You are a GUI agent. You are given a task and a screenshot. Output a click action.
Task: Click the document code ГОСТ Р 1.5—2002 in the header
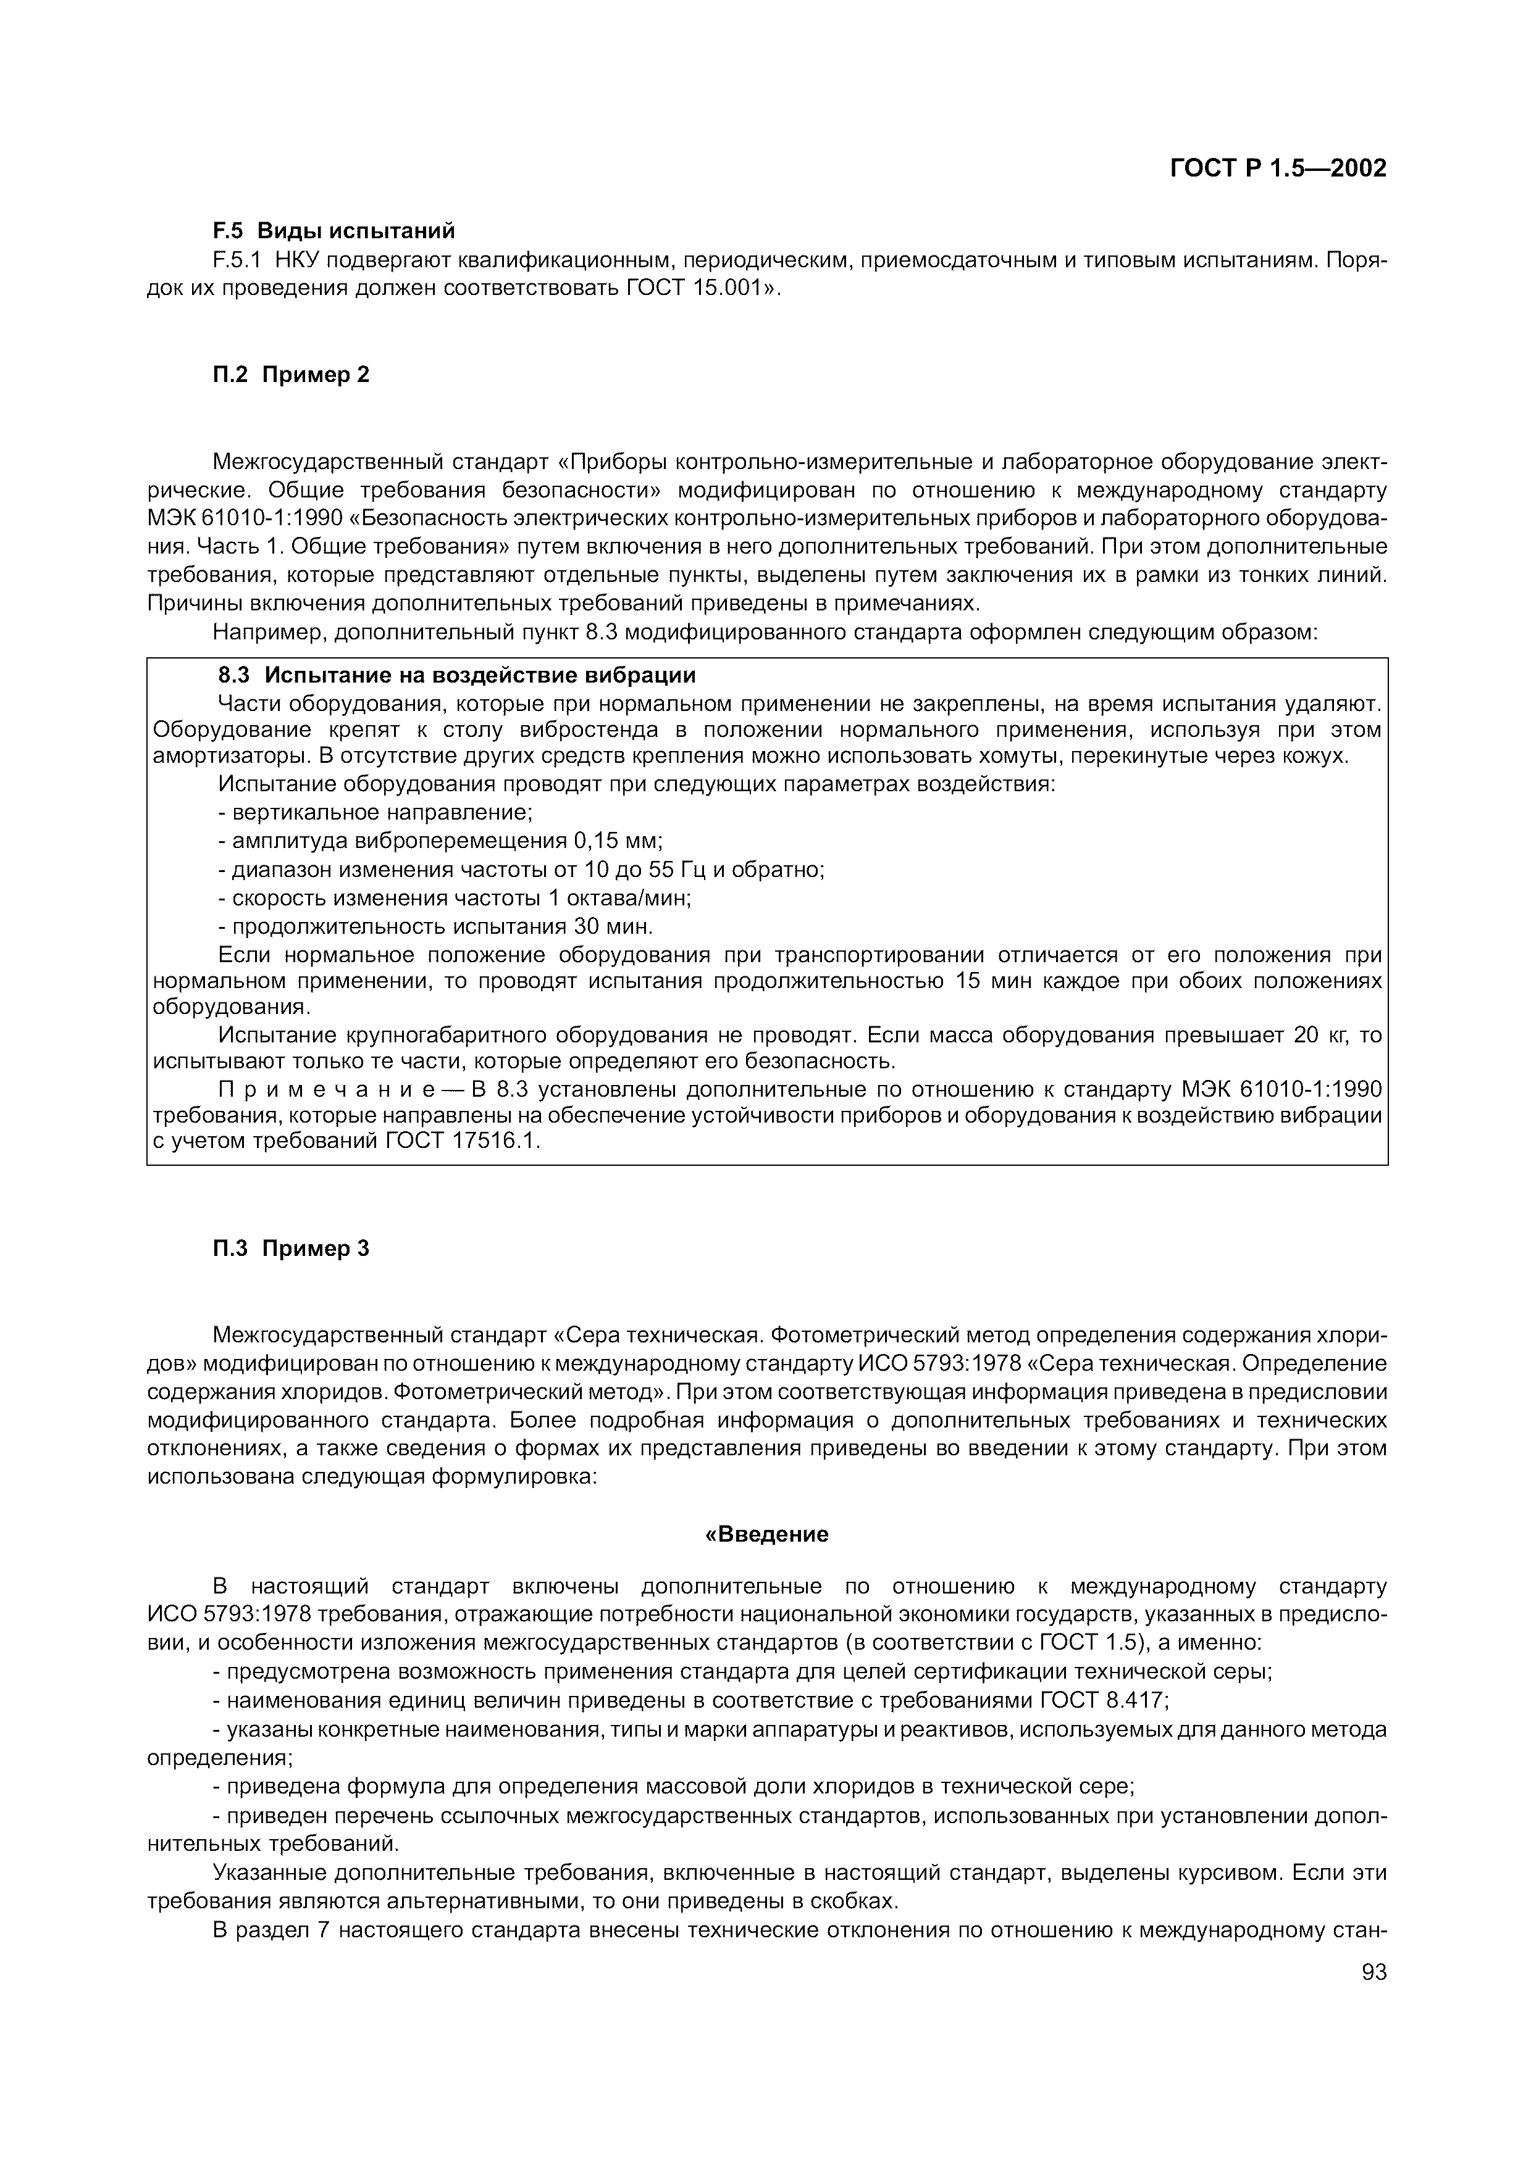click(x=1277, y=168)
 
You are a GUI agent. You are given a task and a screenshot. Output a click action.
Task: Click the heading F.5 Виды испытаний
click(x=333, y=230)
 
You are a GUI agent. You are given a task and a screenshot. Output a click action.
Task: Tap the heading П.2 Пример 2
click(x=290, y=375)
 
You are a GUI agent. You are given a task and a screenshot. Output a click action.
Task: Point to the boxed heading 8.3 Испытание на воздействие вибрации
click(x=456, y=675)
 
